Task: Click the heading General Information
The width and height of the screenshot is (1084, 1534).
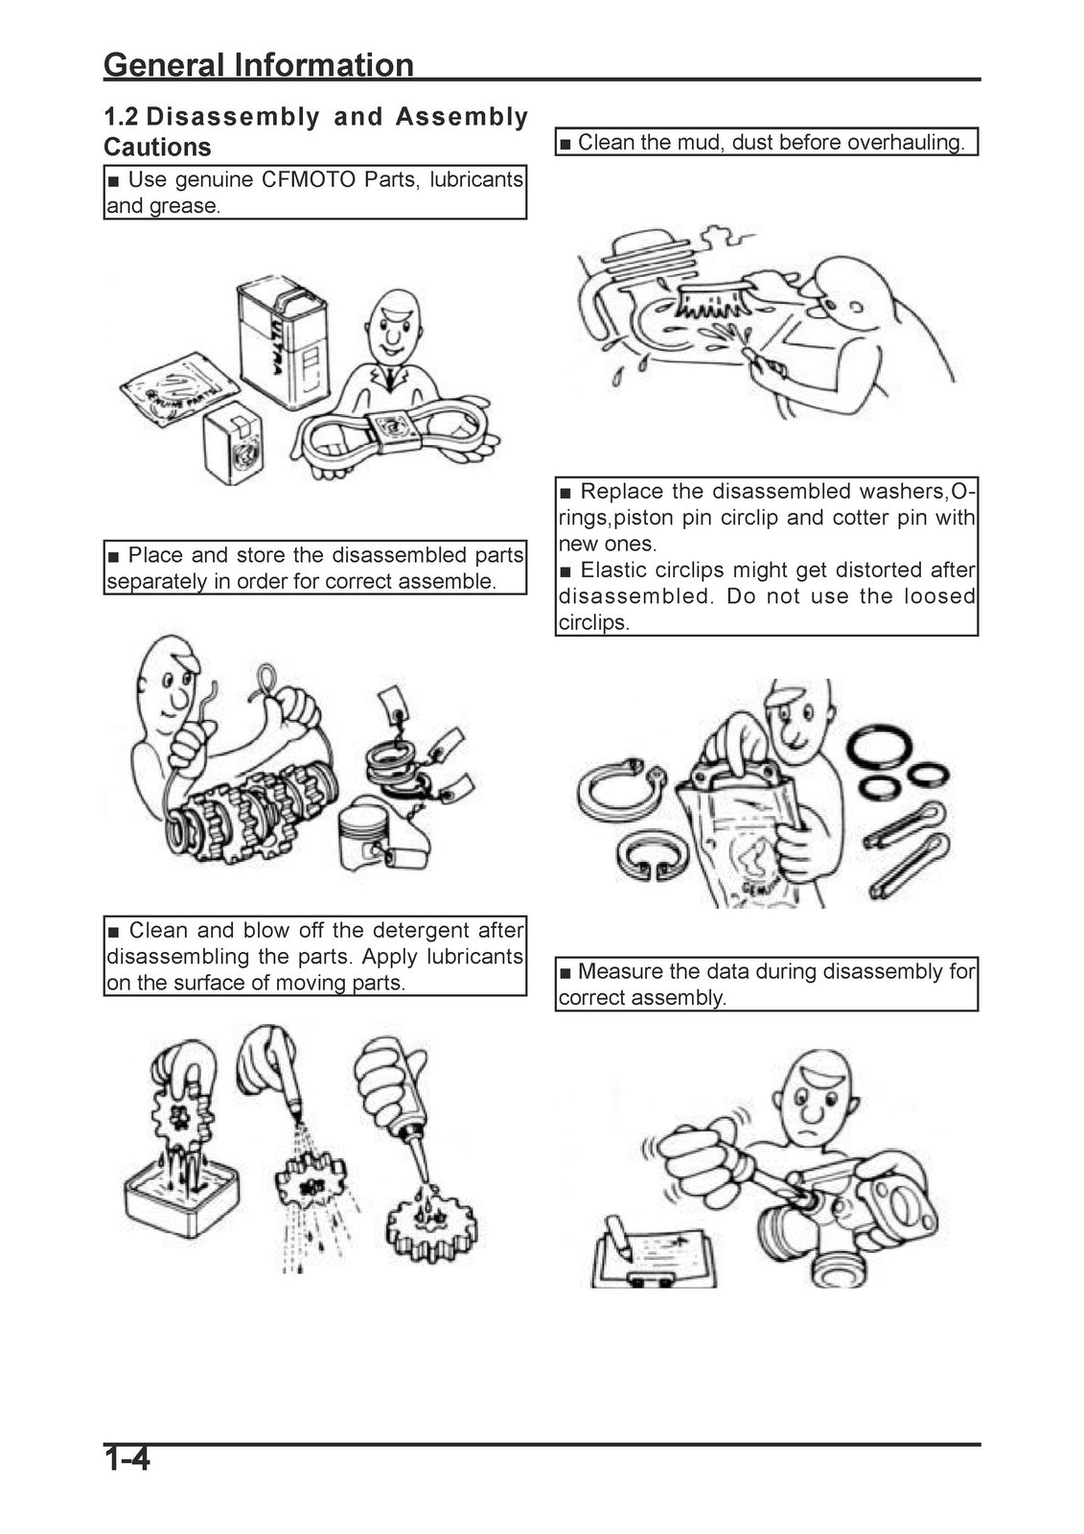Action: pyautogui.click(x=259, y=65)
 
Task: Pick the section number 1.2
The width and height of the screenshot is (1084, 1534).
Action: pyautogui.click(x=121, y=117)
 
